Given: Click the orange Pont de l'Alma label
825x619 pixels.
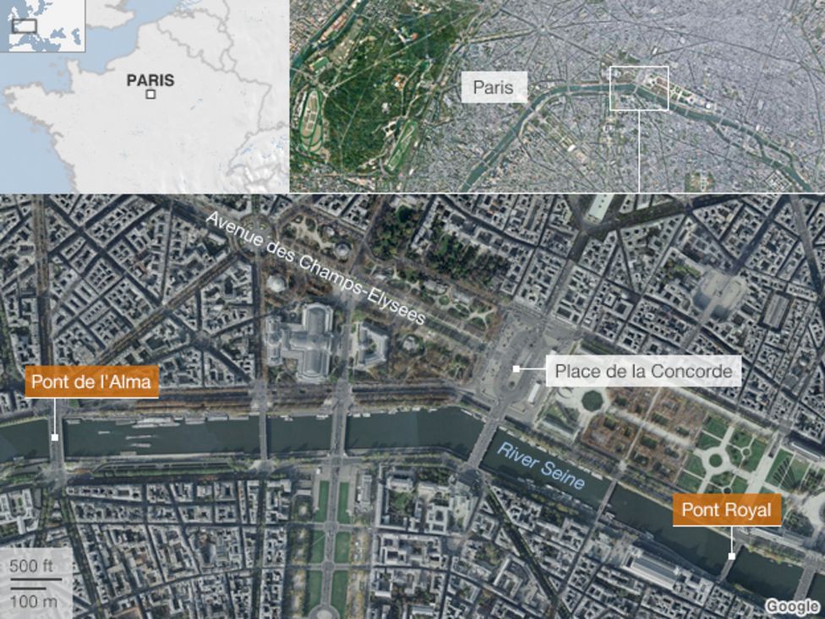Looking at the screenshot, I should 91,383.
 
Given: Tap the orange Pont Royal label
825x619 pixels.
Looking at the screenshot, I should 727,510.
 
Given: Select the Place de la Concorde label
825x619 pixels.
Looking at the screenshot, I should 643,370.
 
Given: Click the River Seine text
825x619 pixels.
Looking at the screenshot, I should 540,464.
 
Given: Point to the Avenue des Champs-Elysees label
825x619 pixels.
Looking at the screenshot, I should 317,269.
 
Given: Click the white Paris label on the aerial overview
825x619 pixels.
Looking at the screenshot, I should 494,87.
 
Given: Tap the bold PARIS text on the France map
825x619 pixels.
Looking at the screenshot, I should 150,81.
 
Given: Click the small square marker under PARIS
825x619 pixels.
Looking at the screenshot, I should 150,95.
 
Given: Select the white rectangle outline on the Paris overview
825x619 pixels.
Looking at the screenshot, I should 639,88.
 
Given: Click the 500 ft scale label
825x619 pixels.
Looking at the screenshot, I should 30,566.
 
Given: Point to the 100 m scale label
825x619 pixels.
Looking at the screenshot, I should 34,600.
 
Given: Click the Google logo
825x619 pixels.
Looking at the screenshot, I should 793,605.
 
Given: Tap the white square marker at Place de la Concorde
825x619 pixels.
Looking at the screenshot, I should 516,370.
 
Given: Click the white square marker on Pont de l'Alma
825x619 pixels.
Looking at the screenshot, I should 55,437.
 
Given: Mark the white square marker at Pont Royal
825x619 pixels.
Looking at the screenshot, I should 731,557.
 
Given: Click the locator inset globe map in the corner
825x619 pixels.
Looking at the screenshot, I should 43,26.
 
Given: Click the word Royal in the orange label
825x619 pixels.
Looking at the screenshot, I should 751,510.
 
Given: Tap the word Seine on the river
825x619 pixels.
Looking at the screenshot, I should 564,476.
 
